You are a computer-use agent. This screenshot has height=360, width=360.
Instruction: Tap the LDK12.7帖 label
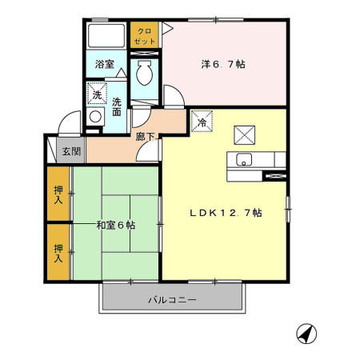226,214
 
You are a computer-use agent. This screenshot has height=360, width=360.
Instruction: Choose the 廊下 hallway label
146,137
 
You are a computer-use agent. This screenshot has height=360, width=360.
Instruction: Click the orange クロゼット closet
145,36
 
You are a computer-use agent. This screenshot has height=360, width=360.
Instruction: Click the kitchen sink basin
245,158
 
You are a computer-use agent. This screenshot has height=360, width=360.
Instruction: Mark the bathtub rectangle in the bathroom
106,38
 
